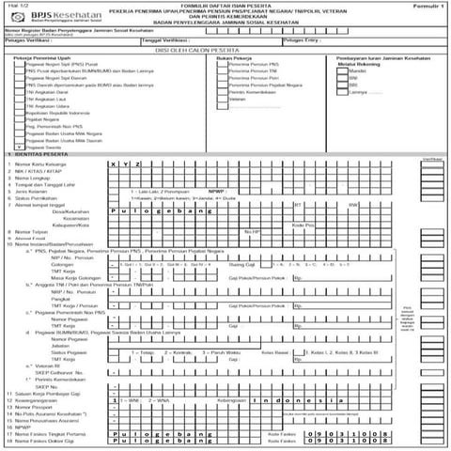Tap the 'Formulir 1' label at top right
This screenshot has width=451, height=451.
coord(425,6)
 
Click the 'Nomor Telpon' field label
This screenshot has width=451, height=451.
coord(33,257)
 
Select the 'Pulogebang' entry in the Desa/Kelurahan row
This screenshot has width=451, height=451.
coord(150,239)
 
